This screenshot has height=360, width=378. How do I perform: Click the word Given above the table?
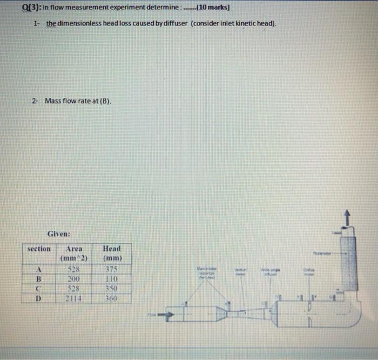coord(59,235)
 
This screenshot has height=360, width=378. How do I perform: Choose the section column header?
coord(39,249)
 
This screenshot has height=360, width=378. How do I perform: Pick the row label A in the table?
coord(39,270)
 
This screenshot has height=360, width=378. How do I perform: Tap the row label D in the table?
coord(39,298)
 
